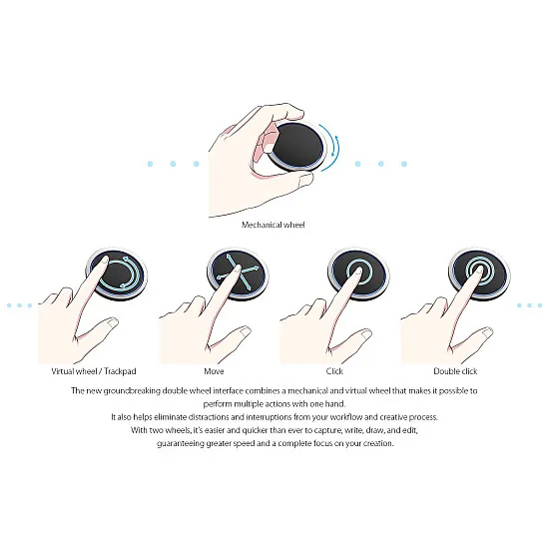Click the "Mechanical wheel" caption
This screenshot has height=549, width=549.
tap(274, 225)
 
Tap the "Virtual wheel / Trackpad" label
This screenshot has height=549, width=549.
tap(94, 371)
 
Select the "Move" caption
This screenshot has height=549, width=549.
tap(214, 371)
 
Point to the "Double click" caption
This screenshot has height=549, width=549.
tap(455, 371)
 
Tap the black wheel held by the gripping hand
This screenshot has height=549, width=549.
tap(297, 147)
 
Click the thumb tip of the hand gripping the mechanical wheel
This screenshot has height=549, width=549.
tap(305, 180)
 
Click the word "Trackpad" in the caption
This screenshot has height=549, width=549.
tap(120, 371)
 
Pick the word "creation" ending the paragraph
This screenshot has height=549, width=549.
tap(378, 443)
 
